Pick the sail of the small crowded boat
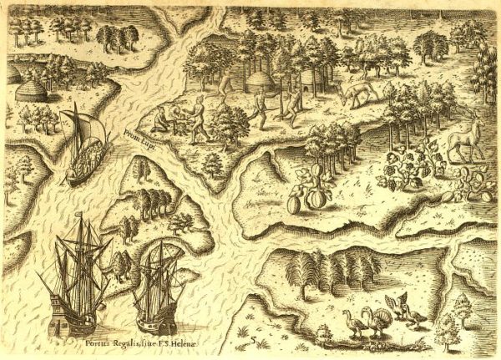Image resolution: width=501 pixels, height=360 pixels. pos(89,129)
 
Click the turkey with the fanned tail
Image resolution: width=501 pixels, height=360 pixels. pos(381,319)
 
